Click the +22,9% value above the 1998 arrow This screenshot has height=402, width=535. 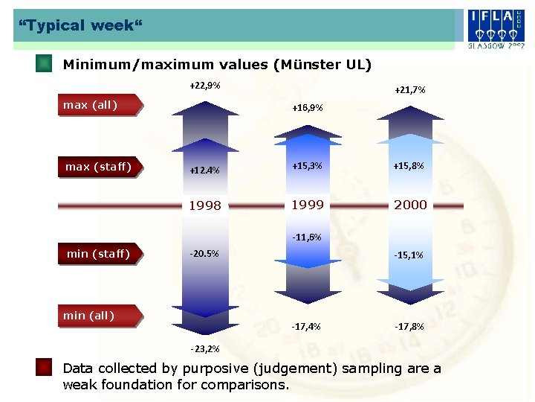click(x=204, y=86)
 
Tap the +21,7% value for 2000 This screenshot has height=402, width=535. click(x=409, y=90)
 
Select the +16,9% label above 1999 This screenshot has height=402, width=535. click(x=308, y=108)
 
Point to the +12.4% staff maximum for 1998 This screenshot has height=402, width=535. click(x=204, y=170)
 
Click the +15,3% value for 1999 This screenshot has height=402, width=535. click(x=307, y=166)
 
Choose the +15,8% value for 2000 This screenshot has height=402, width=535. click(x=409, y=166)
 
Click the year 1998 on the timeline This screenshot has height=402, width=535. click(x=204, y=206)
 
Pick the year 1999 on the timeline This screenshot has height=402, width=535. click(x=307, y=205)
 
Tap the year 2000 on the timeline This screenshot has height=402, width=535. click(x=410, y=205)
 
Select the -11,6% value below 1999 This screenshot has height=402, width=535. click(x=306, y=237)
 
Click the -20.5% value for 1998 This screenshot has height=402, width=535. click(x=204, y=254)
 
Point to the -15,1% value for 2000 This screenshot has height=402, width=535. click(x=409, y=255)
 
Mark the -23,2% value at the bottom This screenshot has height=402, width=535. click(x=204, y=348)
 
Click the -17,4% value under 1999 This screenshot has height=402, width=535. click(x=306, y=326)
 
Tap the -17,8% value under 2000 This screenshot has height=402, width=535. click(x=409, y=326)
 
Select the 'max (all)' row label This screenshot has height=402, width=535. click(x=91, y=105)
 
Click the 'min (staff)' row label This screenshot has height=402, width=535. click(x=98, y=255)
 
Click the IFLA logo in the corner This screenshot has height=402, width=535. click(x=496, y=27)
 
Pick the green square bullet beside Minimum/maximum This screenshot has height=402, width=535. click(x=44, y=63)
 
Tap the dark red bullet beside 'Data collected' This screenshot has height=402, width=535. click(x=44, y=367)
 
